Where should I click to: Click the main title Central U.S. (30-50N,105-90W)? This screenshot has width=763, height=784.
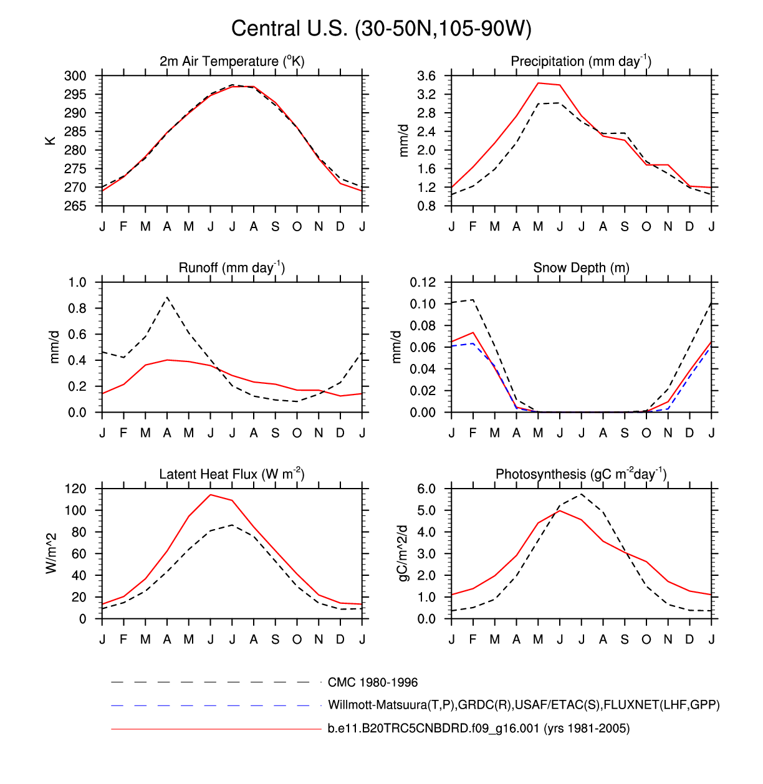tap(381, 29)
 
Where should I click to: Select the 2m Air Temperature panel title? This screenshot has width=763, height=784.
tap(232, 61)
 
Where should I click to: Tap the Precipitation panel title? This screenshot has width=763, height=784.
tap(581, 61)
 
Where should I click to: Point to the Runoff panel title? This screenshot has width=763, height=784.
tap(232, 267)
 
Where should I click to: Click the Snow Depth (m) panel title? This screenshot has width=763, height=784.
tap(581, 268)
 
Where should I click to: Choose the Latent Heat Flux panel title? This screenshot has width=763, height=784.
tap(232, 474)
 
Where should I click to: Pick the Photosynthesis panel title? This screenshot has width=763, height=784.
tap(581, 474)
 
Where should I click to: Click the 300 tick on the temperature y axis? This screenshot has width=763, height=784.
tap(75, 76)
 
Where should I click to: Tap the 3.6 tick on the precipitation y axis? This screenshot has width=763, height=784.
tap(426, 76)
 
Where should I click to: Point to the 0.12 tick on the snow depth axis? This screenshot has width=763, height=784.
tap(423, 282)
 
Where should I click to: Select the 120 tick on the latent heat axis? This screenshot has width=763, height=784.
tap(75, 489)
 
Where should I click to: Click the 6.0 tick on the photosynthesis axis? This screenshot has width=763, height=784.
tap(426, 489)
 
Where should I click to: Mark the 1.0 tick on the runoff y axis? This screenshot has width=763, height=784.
tap(78, 282)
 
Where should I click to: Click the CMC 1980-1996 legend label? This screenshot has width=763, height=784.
tap(373, 682)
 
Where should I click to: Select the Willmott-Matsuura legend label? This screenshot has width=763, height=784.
tap(524, 705)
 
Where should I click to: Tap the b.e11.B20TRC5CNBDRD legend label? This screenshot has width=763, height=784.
tap(479, 729)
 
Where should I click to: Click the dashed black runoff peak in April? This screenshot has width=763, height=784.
tap(167, 297)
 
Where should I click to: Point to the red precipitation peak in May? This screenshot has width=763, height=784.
tap(539, 83)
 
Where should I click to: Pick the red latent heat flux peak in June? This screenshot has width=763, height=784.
tap(211, 495)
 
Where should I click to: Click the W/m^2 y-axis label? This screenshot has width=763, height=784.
tap(52, 553)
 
